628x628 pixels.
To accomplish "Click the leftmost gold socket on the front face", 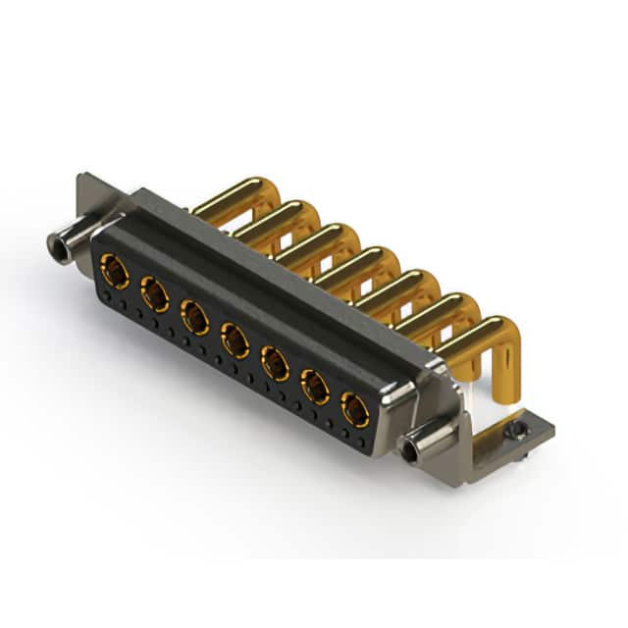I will pyautogui.click(x=114, y=269).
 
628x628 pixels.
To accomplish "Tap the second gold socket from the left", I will pyautogui.click(x=154, y=292).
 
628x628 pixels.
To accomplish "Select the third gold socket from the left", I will pyautogui.click(x=194, y=316).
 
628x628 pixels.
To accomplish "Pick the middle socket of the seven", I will pyautogui.click(x=235, y=340).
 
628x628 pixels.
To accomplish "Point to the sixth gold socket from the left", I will pyautogui.click(x=315, y=387).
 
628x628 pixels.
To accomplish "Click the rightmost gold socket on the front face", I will pyautogui.click(x=355, y=408).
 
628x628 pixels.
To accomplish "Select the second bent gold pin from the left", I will pyautogui.click(x=279, y=214).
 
